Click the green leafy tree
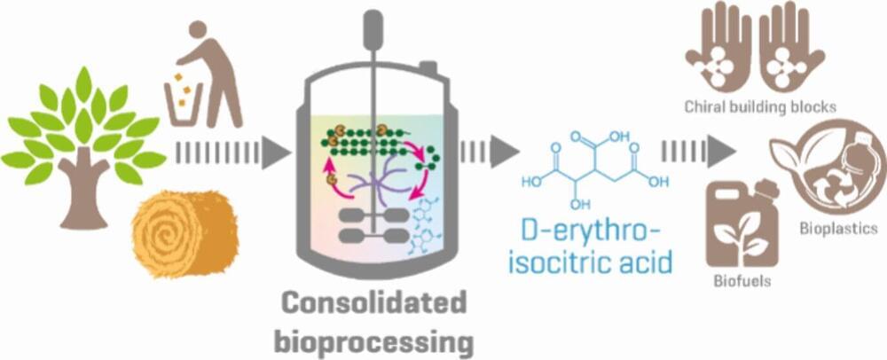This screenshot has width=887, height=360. point(83,133)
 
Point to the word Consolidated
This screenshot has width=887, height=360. point(376,303)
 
